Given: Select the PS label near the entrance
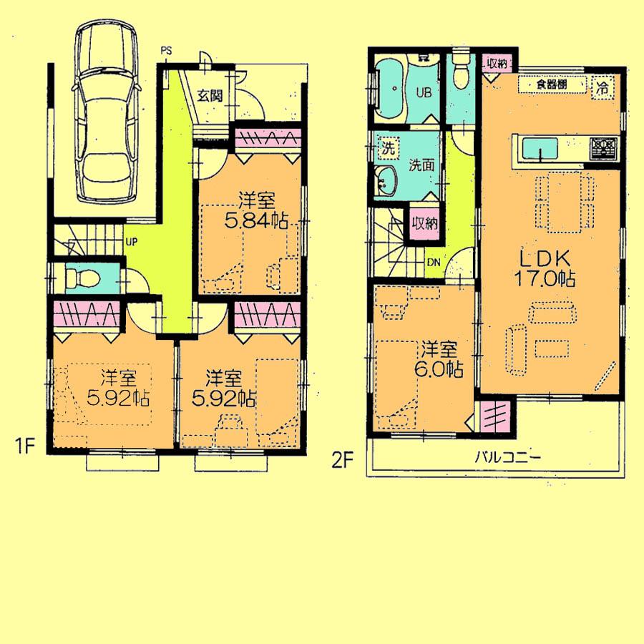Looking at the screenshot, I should click(x=166, y=50).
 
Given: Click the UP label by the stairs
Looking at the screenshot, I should click(x=131, y=241).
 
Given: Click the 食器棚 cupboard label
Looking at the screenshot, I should click(x=548, y=85).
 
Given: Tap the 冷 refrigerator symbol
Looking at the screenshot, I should click(x=602, y=88).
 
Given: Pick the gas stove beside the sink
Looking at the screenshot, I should click(x=602, y=148).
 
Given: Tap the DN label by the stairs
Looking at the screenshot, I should click(x=434, y=261).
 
